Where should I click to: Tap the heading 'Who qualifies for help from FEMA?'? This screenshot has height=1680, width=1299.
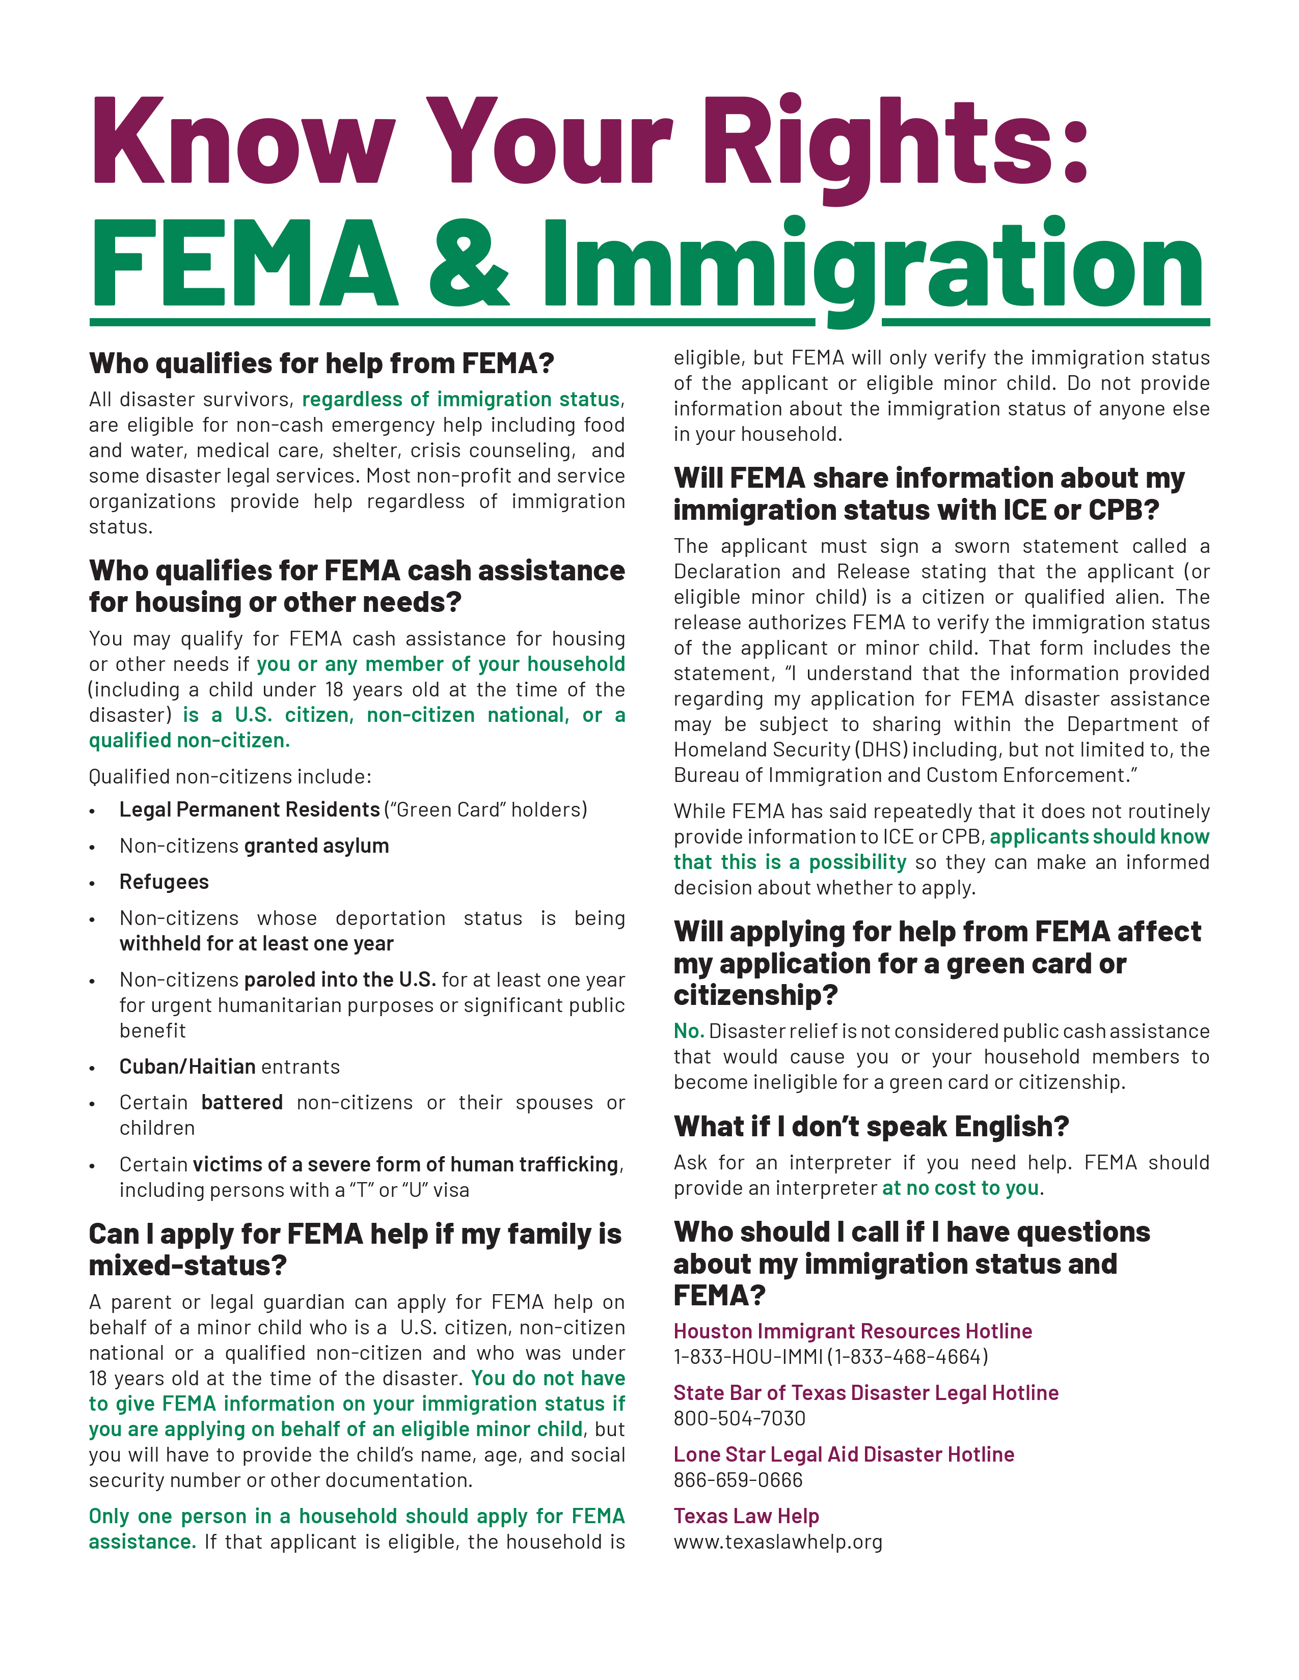321,363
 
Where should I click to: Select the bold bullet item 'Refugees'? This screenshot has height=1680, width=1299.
164,882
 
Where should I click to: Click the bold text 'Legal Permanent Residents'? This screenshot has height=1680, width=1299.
249,809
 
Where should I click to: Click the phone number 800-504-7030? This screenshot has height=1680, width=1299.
740,1418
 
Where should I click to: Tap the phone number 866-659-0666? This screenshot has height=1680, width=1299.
738,1479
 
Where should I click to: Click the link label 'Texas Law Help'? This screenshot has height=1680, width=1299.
746,1516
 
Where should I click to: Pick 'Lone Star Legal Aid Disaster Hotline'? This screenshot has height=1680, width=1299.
844,1454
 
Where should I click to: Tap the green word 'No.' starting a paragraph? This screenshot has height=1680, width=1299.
689,1031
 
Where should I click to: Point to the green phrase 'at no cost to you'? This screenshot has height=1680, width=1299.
960,1188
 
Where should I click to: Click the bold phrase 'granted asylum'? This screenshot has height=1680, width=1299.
316,846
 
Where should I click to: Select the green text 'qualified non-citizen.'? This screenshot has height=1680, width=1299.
190,740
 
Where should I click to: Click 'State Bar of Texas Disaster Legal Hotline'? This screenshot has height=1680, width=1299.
865,1392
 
